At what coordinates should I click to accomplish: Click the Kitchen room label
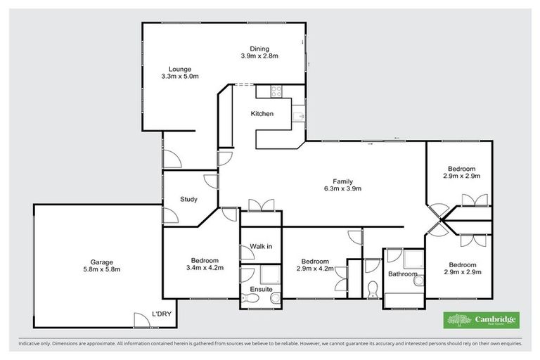(x=262, y=114)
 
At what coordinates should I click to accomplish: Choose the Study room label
(x=188, y=199)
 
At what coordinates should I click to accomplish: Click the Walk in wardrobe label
(x=261, y=246)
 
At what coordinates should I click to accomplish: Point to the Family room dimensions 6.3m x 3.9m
(x=343, y=189)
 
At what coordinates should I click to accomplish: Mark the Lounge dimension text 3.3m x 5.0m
(x=180, y=76)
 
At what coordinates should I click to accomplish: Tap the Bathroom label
(x=403, y=274)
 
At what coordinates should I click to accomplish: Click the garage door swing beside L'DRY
(x=143, y=319)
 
